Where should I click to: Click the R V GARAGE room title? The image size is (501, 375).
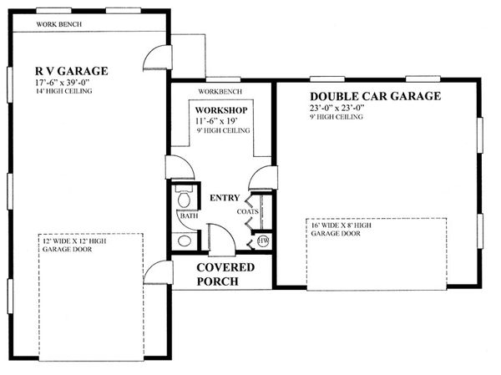point(71,71)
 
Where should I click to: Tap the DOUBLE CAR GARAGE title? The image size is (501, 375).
point(375,96)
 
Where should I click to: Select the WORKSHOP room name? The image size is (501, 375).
point(220,110)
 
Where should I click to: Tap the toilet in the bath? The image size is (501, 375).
point(185,199)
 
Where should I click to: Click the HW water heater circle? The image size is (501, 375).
point(263,241)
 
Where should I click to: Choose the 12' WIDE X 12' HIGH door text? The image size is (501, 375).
point(75,247)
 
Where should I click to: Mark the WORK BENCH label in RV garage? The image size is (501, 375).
point(58,23)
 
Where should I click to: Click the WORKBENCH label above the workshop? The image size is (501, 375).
point(220,91)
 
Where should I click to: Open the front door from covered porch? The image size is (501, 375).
point(222,242)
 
